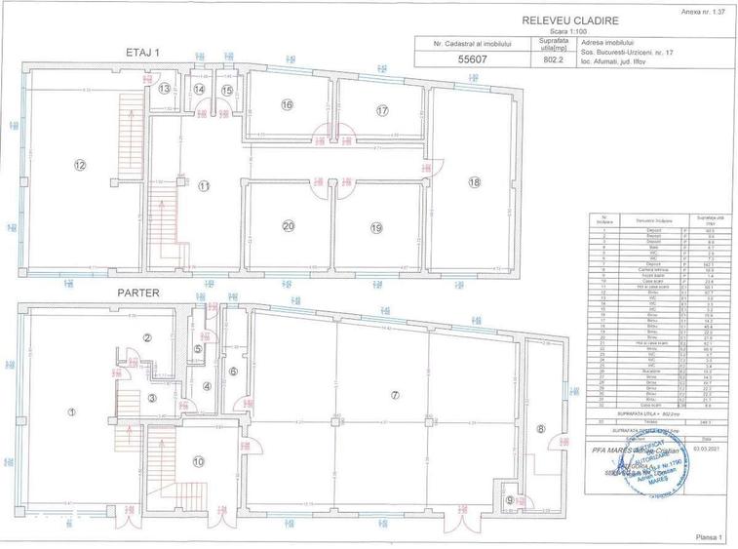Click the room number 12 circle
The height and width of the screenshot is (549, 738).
point(80,165)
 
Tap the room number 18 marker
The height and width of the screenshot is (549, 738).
point(475,181)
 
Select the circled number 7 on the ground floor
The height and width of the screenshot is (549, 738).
point(395,395)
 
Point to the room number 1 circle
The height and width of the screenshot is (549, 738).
point(72,412)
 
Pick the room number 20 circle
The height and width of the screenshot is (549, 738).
point(288,226)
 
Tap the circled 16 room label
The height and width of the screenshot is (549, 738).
point(287,104)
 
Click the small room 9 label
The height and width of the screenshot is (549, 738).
point(512,501)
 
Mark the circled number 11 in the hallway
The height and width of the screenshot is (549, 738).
point(204,185)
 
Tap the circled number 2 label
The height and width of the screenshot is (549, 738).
point(147,337)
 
